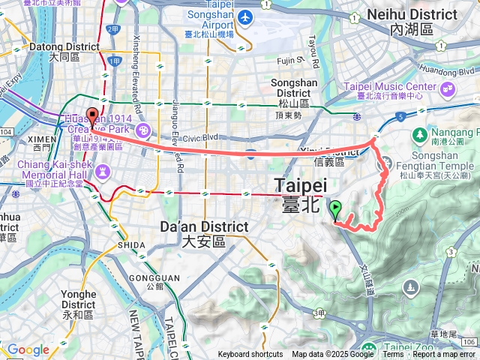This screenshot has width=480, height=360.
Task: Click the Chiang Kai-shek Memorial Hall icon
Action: tap(103, 174)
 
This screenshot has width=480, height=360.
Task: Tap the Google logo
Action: tap(28, 350)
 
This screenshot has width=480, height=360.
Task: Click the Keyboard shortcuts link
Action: tap(250, 355)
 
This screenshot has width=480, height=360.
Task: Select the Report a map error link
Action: tap(444, 355)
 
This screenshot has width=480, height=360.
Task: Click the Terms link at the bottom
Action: tap(393, 355)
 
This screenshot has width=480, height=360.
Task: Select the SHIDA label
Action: tap(131, 244)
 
